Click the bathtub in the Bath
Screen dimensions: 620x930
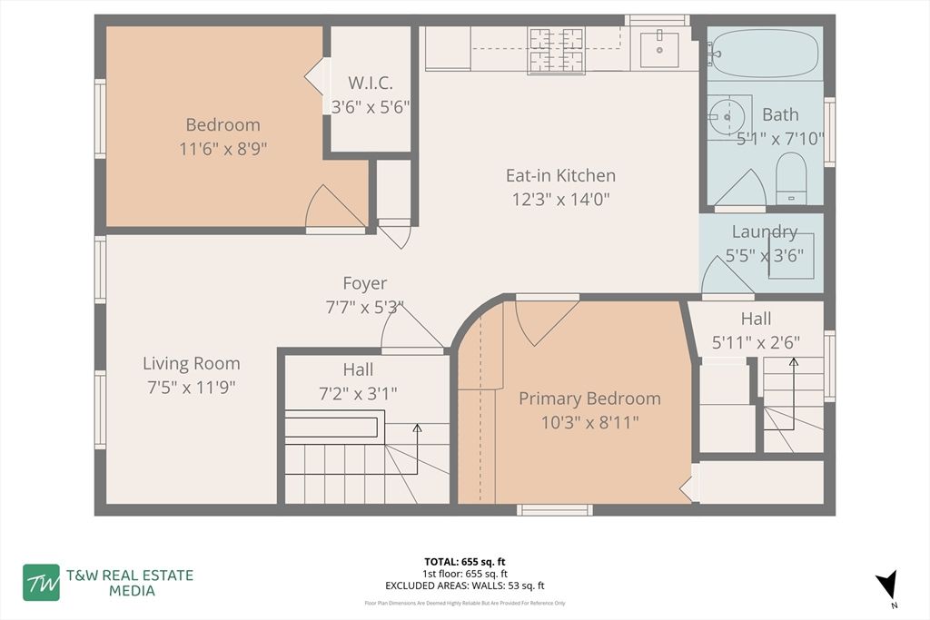tap(765, 53)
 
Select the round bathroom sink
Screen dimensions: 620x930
tap(726, 116)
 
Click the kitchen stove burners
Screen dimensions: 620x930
tap(557, 49)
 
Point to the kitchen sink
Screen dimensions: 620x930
tap(658, 49)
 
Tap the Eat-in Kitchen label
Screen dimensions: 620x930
tap(560, 175)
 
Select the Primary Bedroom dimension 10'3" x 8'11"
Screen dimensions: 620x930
tap(589, 421)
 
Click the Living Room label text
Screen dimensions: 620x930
tap(192, 363)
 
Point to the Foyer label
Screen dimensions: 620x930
tap(364, 283)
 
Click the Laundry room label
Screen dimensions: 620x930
tap(764, 231)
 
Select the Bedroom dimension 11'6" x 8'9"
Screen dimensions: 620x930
tap(223, 148)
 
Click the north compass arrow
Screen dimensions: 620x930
tap(887, 584)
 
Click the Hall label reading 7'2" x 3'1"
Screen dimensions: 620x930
tap(357, 393)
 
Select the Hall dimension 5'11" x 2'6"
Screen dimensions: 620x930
tap(756, 342)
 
